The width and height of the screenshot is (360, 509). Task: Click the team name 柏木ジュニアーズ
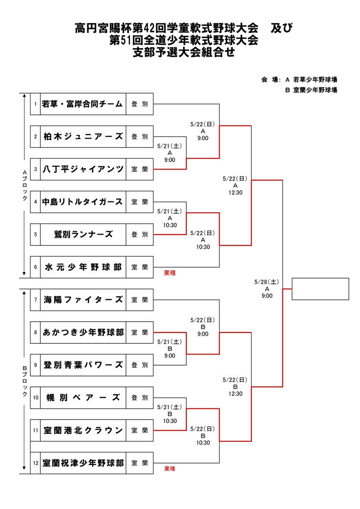83,137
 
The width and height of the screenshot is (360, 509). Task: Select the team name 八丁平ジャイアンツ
83,169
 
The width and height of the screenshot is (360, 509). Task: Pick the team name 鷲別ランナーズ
83,235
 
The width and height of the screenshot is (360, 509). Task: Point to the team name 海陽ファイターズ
83,300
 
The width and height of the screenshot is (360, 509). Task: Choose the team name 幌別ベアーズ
83,398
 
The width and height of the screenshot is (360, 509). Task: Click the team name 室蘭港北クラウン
83,430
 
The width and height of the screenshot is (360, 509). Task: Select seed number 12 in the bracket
36,463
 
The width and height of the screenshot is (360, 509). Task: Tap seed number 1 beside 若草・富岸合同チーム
36,104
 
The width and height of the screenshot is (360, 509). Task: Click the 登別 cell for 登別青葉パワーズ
140,365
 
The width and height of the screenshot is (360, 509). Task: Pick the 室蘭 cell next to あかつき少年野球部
140,332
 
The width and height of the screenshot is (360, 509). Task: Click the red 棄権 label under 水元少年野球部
170,273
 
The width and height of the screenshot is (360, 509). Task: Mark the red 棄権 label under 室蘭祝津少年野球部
170,469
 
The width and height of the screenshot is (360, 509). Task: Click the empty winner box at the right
320,289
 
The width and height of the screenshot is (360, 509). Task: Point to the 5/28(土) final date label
266,282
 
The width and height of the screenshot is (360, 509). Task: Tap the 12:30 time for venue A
235,192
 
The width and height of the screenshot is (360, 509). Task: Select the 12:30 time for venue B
235,394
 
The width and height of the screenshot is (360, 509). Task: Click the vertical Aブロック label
25,186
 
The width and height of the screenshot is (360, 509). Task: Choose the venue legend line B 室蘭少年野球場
311,90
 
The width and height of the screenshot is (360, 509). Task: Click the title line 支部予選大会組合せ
184,52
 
